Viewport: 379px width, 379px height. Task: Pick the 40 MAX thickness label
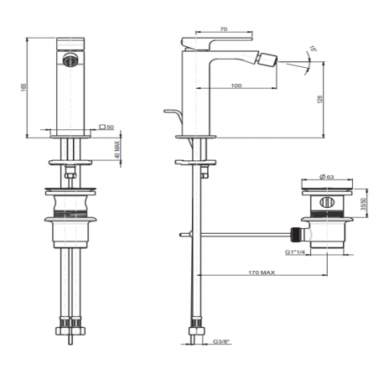117,150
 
